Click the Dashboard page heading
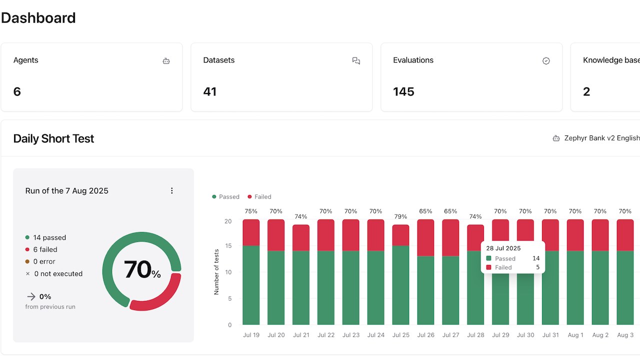38,18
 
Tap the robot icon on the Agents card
166,61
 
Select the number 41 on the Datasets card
209,91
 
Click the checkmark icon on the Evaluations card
546,61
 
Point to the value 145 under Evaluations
403,91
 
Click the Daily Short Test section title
53,138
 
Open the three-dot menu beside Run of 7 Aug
171,190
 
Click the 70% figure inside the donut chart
142,269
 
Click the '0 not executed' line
54,273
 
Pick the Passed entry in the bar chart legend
225,197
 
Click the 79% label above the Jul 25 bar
400,216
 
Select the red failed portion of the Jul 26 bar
425,237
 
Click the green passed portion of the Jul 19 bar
251,285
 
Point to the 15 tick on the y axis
228,245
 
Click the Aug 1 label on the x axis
575,335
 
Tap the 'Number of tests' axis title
216,271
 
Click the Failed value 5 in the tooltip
537,267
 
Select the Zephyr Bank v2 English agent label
602,138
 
